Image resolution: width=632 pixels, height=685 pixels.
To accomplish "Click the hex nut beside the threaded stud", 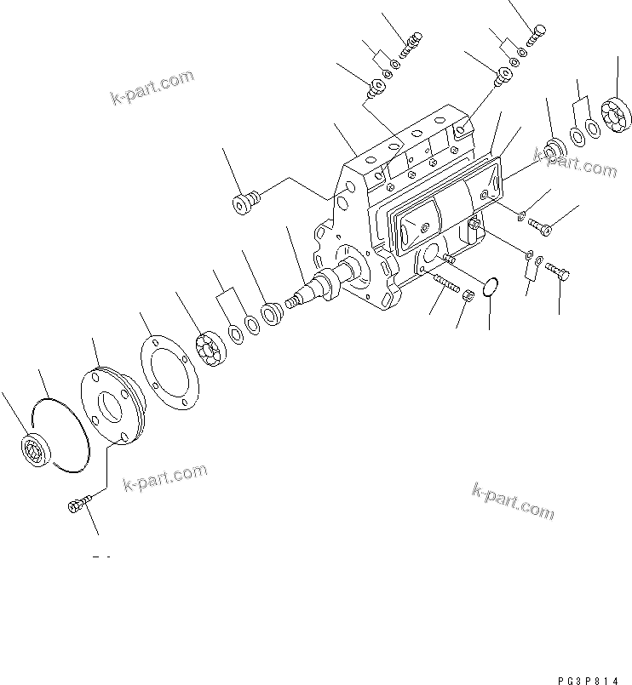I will [x=468, y=295].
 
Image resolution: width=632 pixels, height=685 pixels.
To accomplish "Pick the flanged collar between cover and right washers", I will [x=554, y=150].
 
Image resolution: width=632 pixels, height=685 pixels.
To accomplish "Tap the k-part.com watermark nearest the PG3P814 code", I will [x=512, y=500].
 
